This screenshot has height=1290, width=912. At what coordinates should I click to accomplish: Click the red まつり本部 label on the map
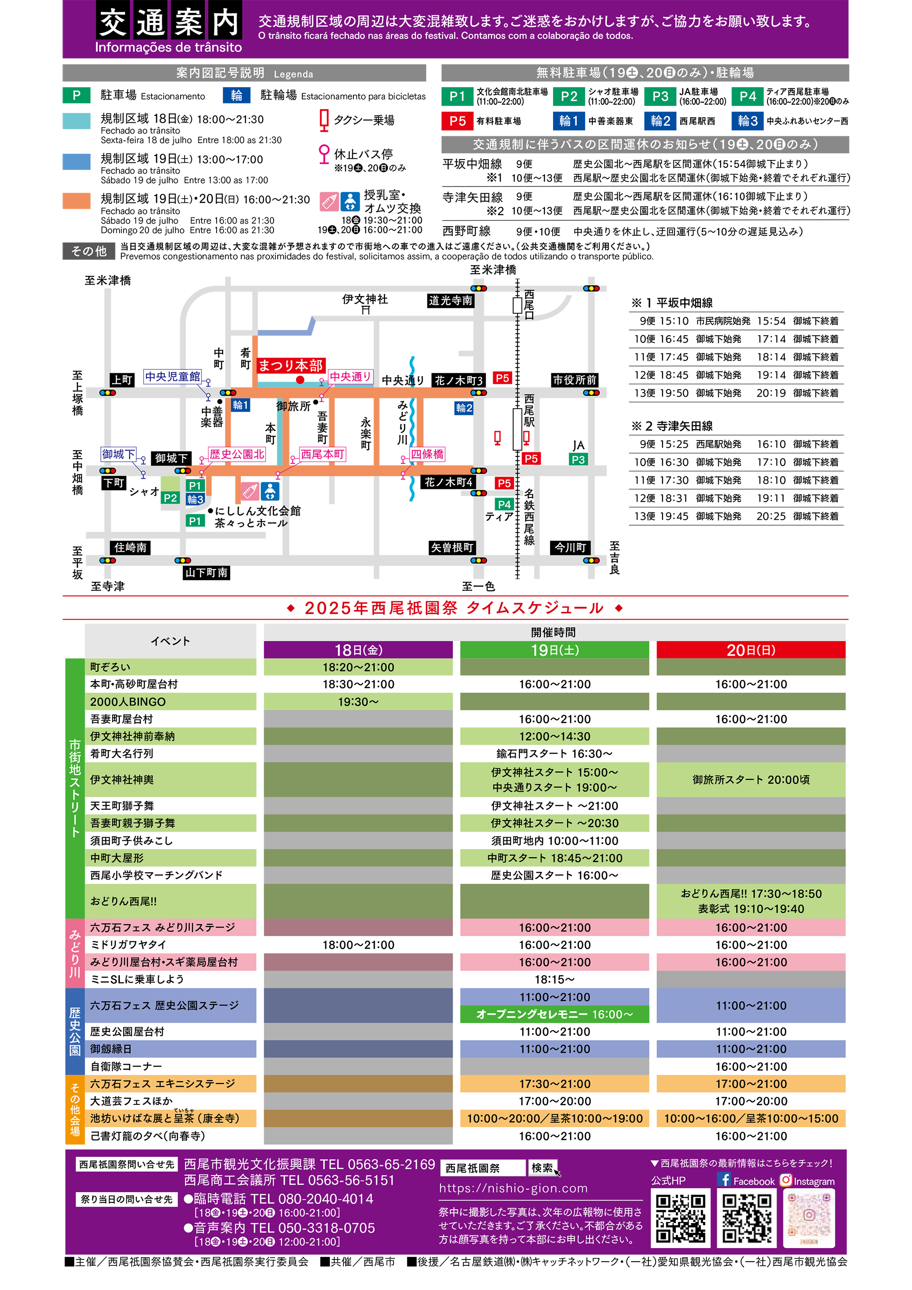pos(290,366)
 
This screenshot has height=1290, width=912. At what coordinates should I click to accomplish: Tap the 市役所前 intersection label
pos(574,380)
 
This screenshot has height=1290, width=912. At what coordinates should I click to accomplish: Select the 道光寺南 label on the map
pos(450,300)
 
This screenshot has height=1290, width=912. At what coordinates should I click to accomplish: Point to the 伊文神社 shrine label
pos(365,300)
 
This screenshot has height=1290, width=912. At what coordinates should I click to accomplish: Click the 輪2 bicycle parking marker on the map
pos(464,408)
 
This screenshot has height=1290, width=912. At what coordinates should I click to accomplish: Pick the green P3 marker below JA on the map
pos(578,460)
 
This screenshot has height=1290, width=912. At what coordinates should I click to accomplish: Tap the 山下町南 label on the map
pos(206,573)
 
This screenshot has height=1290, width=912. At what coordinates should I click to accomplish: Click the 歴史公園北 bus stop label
pos(237,454)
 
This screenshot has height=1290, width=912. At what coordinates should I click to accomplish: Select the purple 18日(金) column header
pos(358,650)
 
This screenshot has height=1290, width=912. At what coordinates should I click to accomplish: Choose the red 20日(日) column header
pos(751,650)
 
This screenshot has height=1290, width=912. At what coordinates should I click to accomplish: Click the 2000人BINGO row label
pos(128,702)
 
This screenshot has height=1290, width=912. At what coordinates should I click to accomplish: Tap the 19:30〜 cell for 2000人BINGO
pos(358,702)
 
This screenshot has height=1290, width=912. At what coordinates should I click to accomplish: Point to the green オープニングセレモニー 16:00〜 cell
pos(554,1014)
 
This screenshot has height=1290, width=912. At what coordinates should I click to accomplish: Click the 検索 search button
pos(542,1167)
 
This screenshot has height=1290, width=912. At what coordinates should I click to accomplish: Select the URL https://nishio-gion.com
pos(513,1188)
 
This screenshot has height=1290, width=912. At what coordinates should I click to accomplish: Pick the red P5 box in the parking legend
pos(457,121)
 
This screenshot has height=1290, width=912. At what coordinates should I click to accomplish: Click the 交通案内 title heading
pos(169,22)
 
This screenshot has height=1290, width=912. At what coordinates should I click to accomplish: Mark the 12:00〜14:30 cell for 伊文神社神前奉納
pos(554,736)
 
